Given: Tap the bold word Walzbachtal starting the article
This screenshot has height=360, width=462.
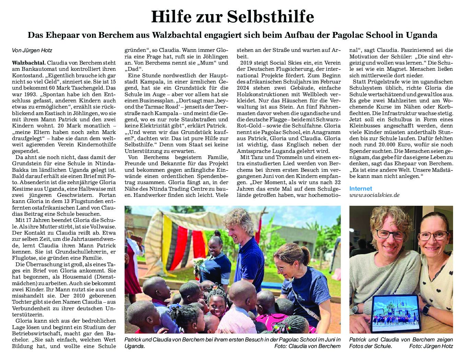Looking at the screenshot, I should pos(28,63).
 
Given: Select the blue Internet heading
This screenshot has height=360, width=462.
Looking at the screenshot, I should pos(360,189).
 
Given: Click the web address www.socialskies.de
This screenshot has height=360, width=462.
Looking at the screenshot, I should pos(374,195).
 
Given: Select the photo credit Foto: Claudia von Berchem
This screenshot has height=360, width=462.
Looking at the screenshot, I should pos(307,346).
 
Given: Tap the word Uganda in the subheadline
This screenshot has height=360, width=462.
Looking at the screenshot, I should pos(421,35).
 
